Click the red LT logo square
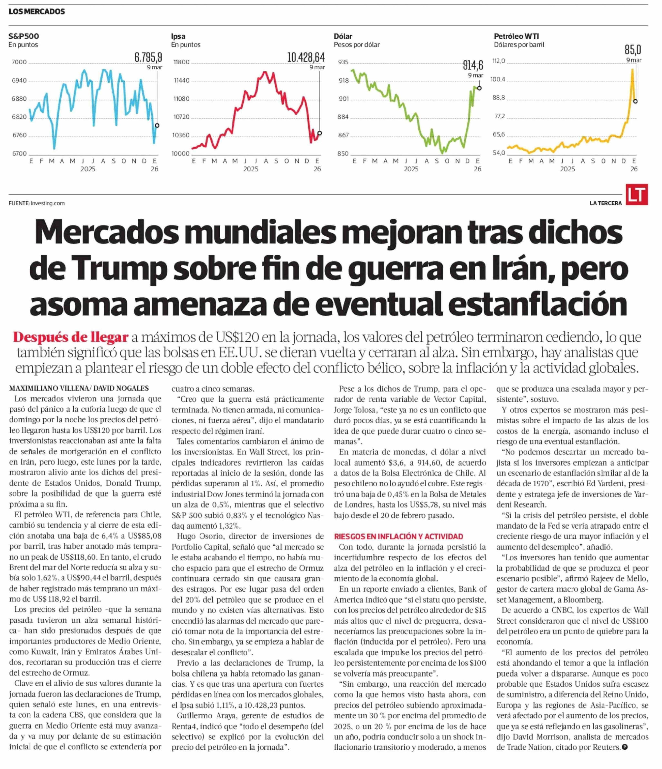[x=637, y=194]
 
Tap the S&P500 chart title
[x=23, y=36]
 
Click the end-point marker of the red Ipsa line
[x=320, y=133]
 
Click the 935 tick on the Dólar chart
[x=343, y=62]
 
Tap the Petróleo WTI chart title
[x=516, y=36]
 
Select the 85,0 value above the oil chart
[x=633, y=49]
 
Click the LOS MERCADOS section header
[x=37, y=11]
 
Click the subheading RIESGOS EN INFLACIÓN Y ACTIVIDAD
[x=398, y=536]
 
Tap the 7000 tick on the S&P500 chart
[x=19, y=62]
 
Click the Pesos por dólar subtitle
[x=357, y=44]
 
